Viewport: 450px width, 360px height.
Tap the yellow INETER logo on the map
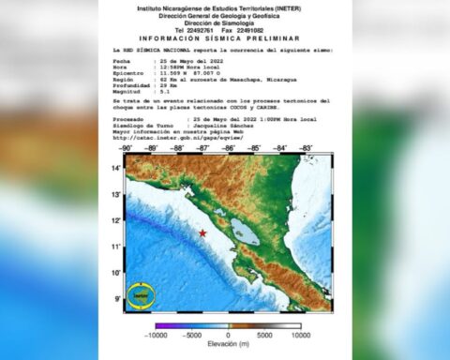pyautogui.click(x=142, y=294)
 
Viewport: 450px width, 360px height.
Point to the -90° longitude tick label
pyautogui.click(x=127, y=148)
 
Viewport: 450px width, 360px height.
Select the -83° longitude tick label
pyautogui.click(x=306, y=148)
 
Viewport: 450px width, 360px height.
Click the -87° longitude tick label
pyautogui.click(x=202, y=148)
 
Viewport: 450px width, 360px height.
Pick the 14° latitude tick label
pyautogui.click(x=118, y=168)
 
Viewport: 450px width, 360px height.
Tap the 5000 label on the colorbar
pyautogui.click(x=264, y=335)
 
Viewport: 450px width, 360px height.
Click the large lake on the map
pyautogui.click(x=245, y=232)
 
